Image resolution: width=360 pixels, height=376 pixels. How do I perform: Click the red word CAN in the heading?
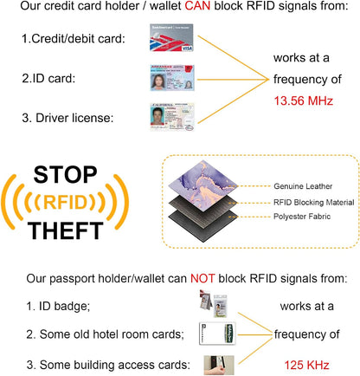tap(197, 6)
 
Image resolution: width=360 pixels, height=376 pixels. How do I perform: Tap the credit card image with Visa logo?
tap(171, 38)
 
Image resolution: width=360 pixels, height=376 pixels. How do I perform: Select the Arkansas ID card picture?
tap(172, 78)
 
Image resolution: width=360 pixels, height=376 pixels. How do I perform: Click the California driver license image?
tap(172, 117)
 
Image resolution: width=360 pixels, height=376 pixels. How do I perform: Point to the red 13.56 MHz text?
tap(304, 100)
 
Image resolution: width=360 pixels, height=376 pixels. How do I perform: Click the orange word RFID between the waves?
tap(65, 202)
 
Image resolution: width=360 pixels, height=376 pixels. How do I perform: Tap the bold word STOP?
tap(66, 175)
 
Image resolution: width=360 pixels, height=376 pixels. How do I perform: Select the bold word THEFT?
tap(66, 230)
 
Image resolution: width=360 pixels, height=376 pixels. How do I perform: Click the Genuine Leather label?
tap(303, 186)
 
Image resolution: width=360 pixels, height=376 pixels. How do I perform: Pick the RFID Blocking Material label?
tap(314, 203)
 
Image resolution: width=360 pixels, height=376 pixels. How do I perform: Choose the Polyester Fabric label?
tap(302, 217)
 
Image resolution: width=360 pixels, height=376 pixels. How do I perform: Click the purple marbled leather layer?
tap(203, 186)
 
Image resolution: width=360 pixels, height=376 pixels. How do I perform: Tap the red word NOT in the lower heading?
tap(202, 278)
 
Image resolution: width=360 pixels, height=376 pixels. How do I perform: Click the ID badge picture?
tap(214, 304)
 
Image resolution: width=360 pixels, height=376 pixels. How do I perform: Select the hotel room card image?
tap(217, 334)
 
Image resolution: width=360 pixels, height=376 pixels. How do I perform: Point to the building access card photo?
tap(219, 365)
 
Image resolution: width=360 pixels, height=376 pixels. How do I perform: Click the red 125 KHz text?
tap(306, 365)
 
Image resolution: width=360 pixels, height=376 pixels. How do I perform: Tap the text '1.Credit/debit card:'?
tap(74, 39)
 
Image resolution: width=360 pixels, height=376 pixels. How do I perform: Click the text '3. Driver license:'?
tap(67, 118)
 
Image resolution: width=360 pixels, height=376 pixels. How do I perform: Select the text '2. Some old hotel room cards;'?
tap(105, 334)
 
